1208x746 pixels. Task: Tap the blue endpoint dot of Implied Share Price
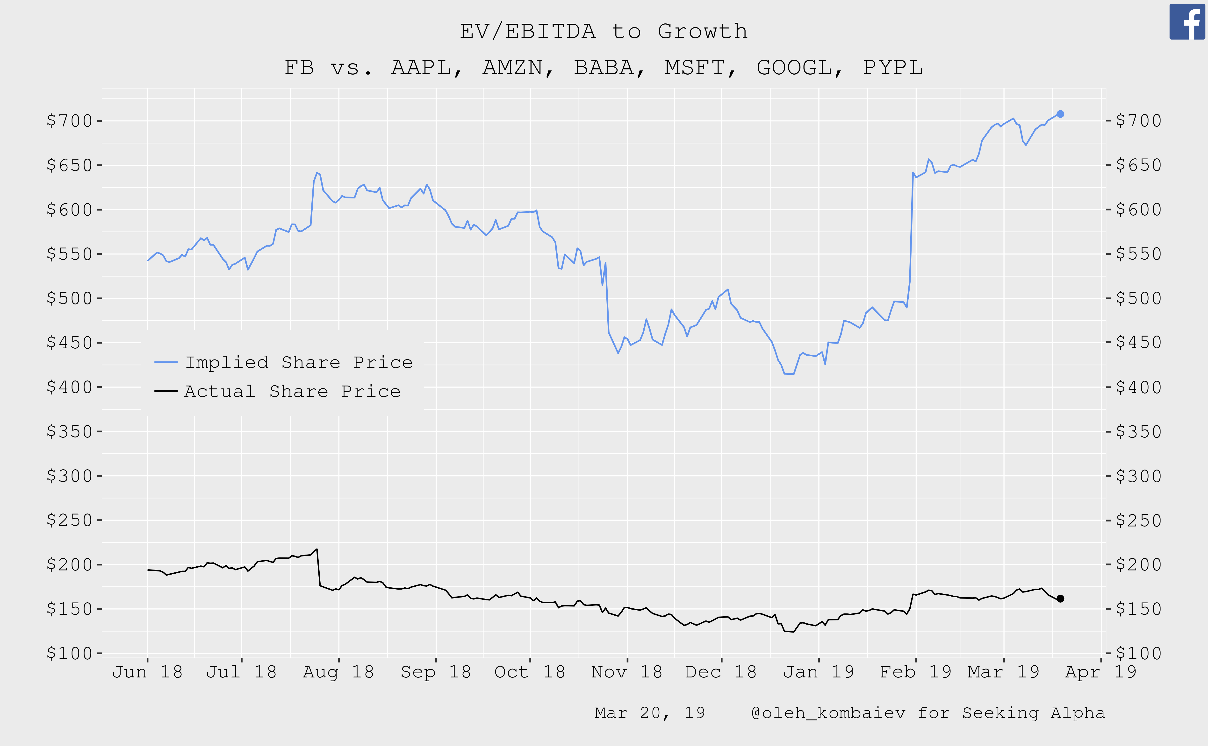coord(1060,114)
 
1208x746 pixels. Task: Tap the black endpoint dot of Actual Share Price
coord(1060,598)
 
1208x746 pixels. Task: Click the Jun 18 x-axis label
coord(147,672)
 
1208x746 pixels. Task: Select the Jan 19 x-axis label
coord(819,672)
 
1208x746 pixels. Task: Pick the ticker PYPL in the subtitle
coord(892,68)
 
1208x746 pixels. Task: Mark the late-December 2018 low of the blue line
coord(788,374)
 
